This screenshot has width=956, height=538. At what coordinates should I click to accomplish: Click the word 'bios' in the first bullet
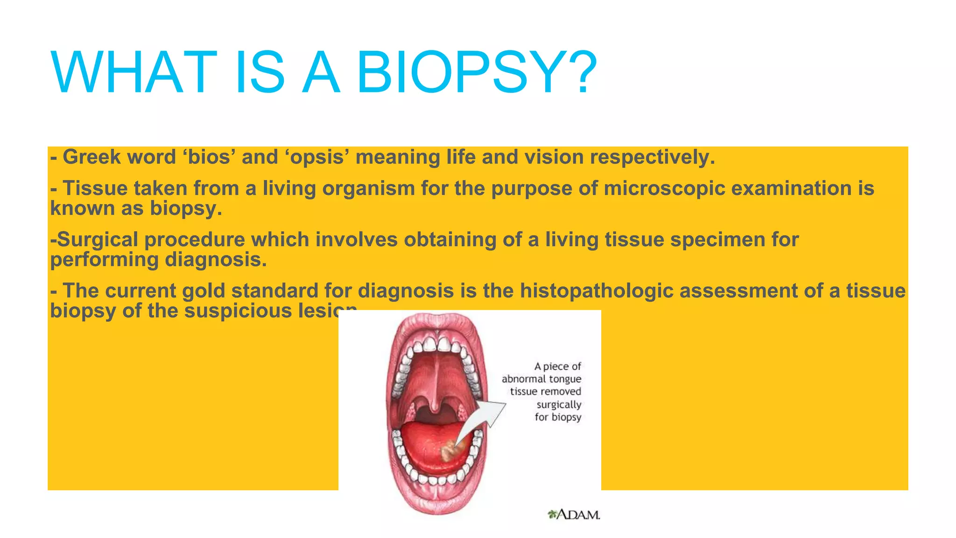(209, 157)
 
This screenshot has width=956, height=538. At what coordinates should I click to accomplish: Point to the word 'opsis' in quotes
(317, 157)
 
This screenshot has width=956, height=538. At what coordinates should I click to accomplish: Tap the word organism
(368, 189)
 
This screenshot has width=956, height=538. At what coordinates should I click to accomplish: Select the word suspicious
(238, 311)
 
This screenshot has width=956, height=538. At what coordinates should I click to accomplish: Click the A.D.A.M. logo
(574, 515)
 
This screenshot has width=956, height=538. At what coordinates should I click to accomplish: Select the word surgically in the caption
(558, 404)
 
